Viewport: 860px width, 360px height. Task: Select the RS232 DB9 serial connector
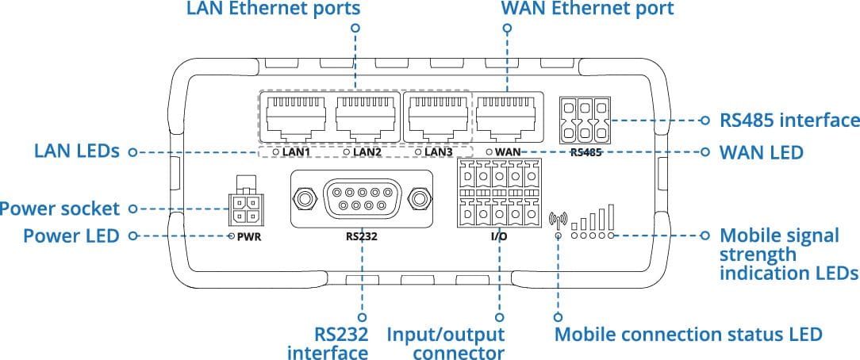[362, 198]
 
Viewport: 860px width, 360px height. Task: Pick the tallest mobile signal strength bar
[610, 217]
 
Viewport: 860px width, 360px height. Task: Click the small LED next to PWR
[232, 236]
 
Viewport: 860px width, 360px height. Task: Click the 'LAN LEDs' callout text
[76, 151]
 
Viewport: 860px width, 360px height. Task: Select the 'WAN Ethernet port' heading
[587, 9]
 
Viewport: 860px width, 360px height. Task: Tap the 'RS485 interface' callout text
[789, 120]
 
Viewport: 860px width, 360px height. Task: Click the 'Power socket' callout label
[60, 209]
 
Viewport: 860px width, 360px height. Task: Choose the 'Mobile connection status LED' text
[689, 335]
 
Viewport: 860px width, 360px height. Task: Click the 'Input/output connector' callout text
[445, 343]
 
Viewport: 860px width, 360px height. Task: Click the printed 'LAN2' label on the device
[367, 151]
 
